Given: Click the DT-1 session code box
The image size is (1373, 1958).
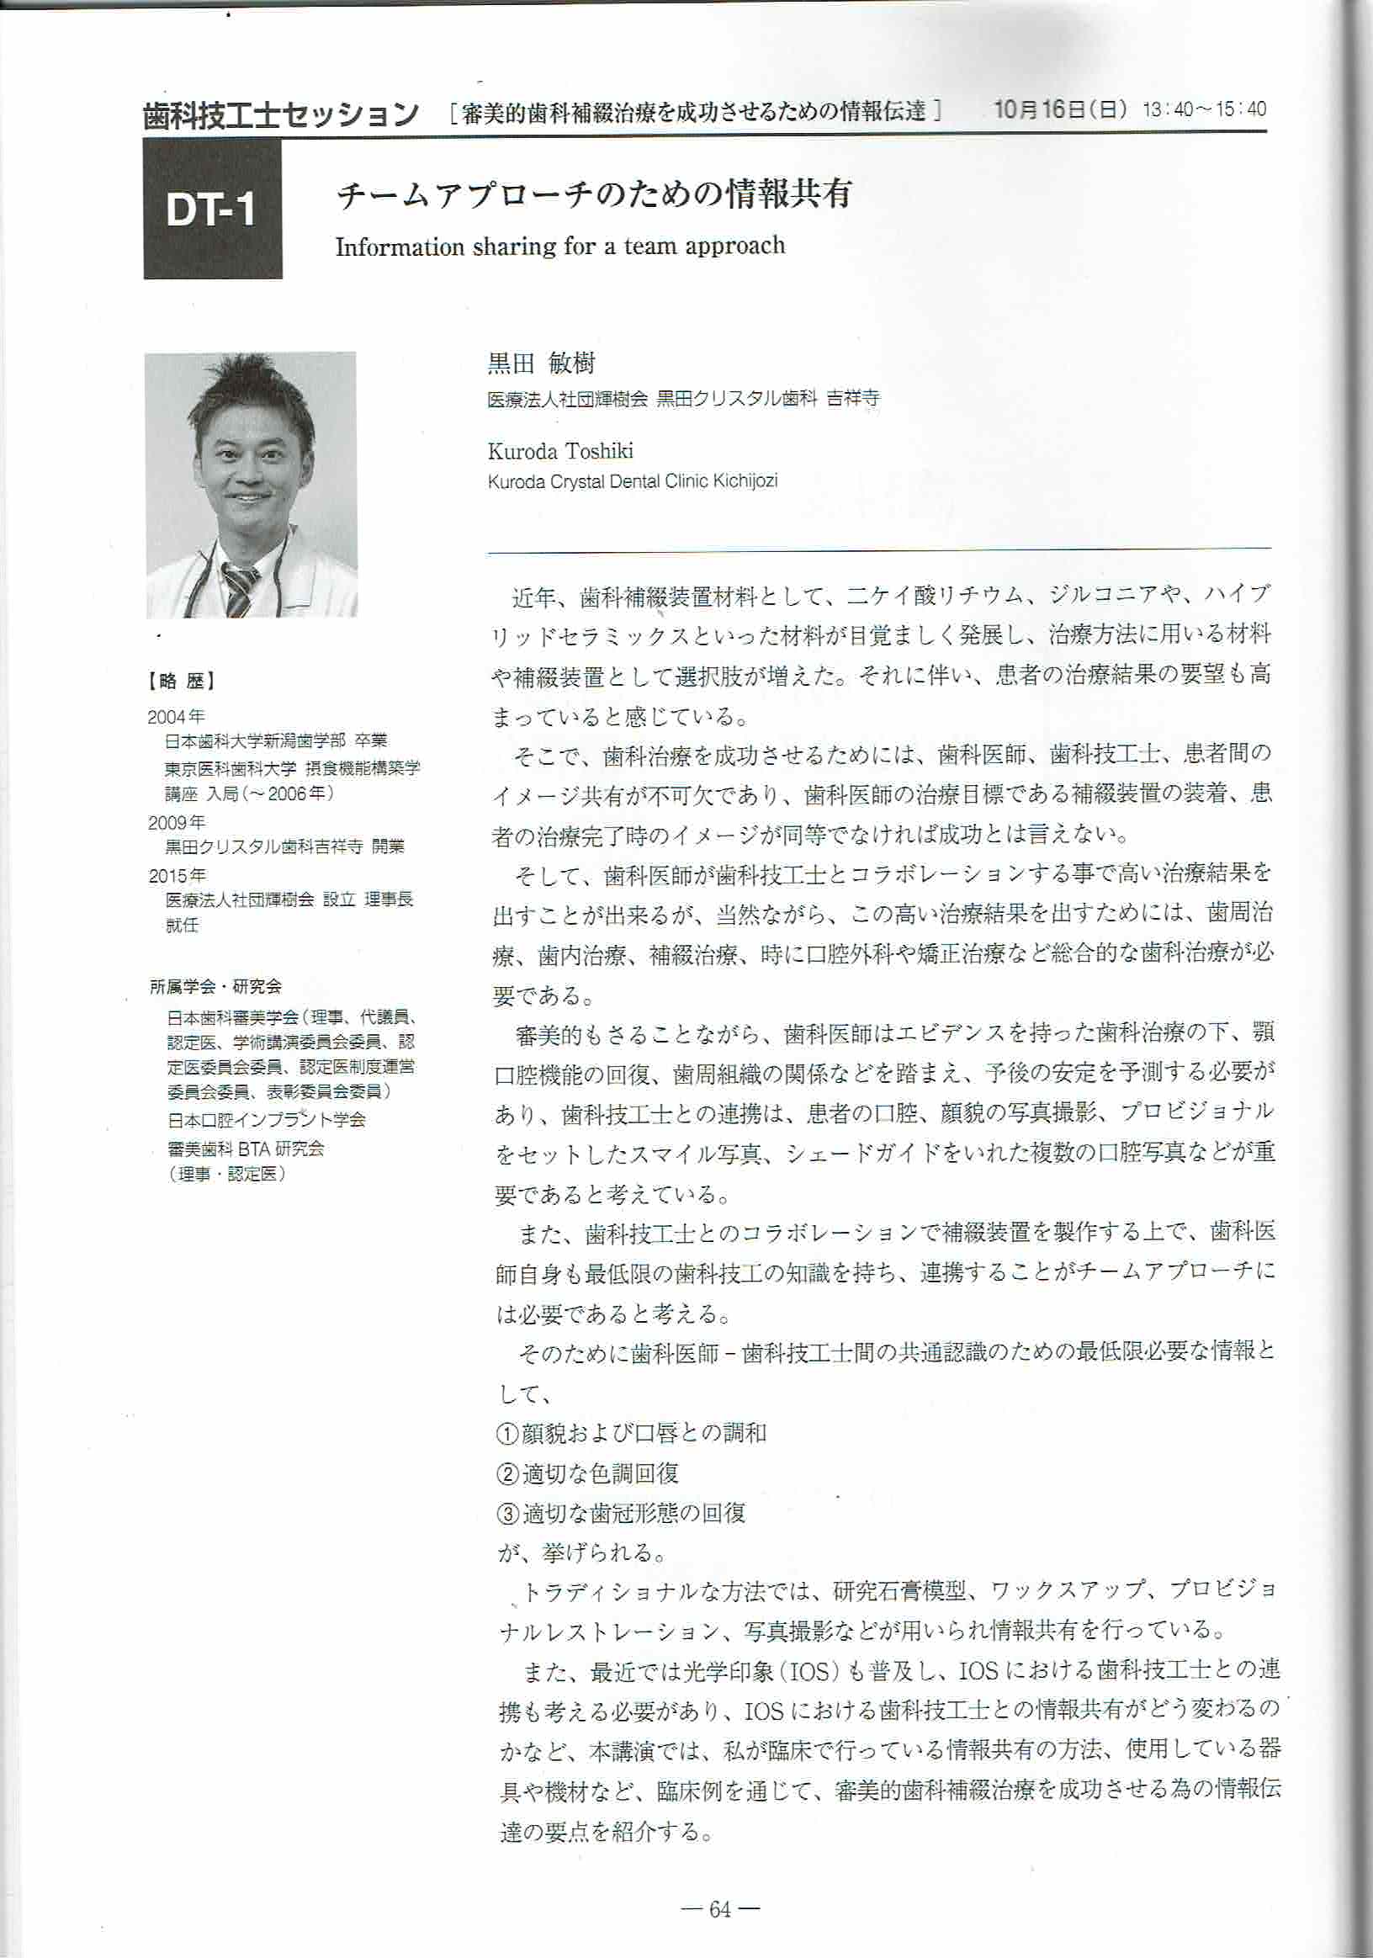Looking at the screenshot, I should click(212, 209).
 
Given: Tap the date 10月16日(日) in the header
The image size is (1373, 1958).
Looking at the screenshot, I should click(1060, 109).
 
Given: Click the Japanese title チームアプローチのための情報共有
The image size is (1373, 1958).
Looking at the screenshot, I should click(594, 195).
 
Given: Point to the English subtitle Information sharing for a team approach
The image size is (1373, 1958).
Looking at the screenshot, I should click(559, 247).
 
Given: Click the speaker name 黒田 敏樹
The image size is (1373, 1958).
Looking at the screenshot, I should click(541, 363).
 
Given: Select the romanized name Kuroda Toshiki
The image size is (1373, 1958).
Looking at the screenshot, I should click(559, 450).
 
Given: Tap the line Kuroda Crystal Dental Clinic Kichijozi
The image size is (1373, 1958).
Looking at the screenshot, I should click(632, 481).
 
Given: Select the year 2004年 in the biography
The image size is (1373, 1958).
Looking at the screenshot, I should click(176, 716).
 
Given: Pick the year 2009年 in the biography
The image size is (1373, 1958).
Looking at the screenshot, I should click(177, 822).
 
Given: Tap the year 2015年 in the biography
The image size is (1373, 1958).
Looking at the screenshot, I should click(177, 875).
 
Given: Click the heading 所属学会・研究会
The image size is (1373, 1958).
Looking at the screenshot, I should click(215, 987).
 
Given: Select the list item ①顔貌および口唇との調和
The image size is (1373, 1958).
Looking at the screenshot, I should click(631, 1432).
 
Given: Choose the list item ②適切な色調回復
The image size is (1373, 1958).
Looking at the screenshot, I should click(587, 1472).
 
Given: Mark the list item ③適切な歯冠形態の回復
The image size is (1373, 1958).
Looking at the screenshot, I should click(621, 1513).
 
